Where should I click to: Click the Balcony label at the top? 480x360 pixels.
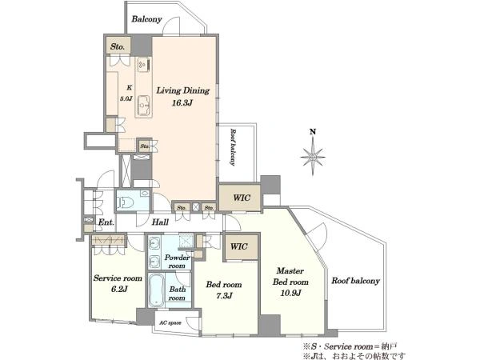click(x=146, y=19)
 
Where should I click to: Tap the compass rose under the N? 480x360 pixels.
click(x=313, y=157)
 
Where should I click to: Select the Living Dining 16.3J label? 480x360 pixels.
click(x=182, y=96)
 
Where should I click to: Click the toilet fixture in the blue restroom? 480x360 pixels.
click(x=126, y=202)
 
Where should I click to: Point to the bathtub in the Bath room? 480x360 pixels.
click(x=156, y=290)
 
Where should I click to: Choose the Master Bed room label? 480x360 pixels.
click(x=290, y=276)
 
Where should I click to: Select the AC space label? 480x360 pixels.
click(x=170, y=322)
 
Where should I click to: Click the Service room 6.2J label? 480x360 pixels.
click(x=118, y=283)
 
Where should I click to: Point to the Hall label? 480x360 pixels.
click(x=160, y=222)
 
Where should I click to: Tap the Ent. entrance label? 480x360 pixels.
click(x=106, y=222)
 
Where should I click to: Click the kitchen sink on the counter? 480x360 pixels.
click(x=143, y=106)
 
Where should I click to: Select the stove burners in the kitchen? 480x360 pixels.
click(x=143, y=65)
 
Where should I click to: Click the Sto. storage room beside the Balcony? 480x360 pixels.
click(x=118, y=46)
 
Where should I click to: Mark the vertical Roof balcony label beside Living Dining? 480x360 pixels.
click(x=234, y=147)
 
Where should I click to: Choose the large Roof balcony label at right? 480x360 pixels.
click(x=355, y=281)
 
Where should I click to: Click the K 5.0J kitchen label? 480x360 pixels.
click(x=126, y=93)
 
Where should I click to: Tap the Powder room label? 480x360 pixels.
click(x=177, y=262)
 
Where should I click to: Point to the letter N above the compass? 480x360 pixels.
click(x=313, y=132)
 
